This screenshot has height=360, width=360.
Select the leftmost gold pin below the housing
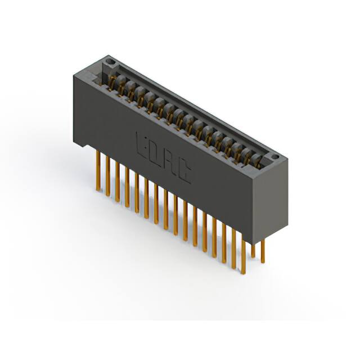(98, 168)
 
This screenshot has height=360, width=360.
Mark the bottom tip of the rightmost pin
(263, 262)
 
